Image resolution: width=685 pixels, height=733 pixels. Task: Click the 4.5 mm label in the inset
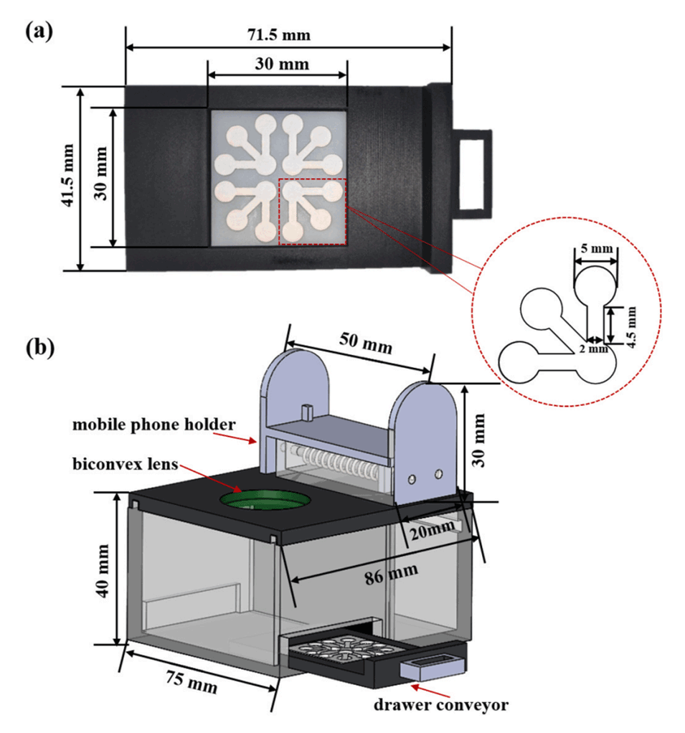point(631,323)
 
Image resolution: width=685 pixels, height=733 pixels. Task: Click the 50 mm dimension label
point(366,346)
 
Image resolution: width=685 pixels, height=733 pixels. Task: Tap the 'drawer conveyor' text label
point(440,705)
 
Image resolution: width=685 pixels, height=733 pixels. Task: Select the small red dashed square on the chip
point(312,211)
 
